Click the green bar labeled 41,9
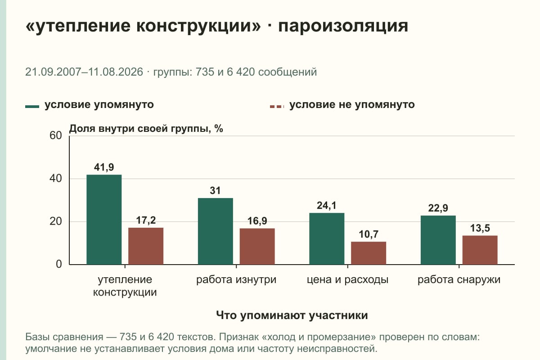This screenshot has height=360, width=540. point(104,220)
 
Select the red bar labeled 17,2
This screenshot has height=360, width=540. point(146,246)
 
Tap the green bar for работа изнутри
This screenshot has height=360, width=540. point(215,231)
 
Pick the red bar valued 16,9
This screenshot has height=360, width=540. point(257,247)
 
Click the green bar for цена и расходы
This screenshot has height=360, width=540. point(327,238)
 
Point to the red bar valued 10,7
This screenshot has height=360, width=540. point(369,253)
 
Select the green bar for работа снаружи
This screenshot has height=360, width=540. point(438,240)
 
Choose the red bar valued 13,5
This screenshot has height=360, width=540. point(480,250)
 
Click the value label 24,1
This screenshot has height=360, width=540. point(326,206)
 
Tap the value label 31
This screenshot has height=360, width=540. point(215,190)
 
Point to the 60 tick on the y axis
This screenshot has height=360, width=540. point(56,135)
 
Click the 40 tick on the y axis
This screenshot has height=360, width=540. point(56,179)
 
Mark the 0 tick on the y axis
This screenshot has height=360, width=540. point(59,264)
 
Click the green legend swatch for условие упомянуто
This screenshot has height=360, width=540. point(32,107)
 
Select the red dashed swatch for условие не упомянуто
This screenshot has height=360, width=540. point(277,107)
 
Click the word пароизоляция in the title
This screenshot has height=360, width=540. point(343,26)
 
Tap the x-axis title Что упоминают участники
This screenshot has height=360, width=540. point(292,315)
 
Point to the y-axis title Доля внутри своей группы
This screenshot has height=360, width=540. point(140,129)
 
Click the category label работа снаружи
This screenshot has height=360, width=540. point(459,280)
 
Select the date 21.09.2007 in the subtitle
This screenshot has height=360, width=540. point(53,72)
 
